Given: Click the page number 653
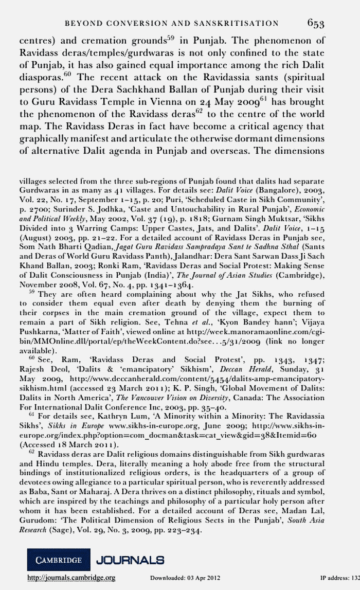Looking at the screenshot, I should click(x=321, y=24).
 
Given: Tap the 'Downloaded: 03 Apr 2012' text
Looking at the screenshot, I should click(x=185, y=579).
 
